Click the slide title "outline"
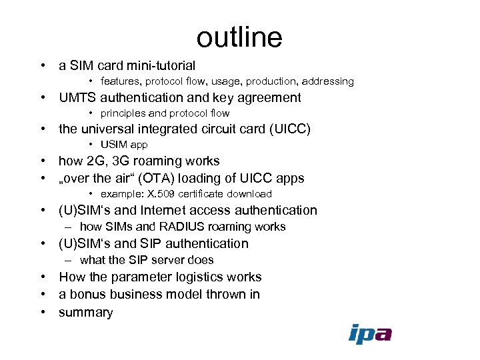239,37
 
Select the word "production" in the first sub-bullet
271,81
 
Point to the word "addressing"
327,81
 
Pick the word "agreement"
271,98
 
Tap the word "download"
247,194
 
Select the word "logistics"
201,277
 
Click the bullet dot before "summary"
42,312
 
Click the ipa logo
370,333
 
